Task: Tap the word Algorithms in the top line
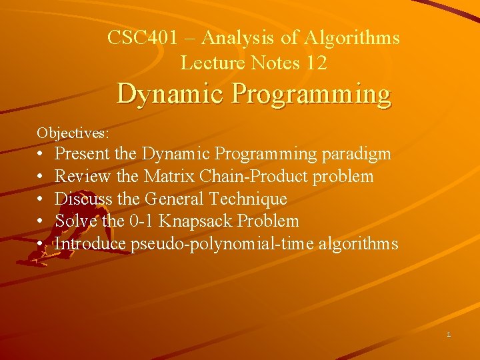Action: click(x=352, y=38)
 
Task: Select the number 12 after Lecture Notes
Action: click(x=317, y=63)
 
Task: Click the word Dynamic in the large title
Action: click(x=172, y=95)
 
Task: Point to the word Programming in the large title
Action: click(x=311, y=95)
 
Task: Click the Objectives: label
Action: click(x=73, y=133)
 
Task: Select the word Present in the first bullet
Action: click(x=82, y=154)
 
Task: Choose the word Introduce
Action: click(x=90, y=243)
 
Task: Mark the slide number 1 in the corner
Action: click(x=449, y=334)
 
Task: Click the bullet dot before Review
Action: click(x=41, y=177)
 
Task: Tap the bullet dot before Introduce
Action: click(x=41, y=244)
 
